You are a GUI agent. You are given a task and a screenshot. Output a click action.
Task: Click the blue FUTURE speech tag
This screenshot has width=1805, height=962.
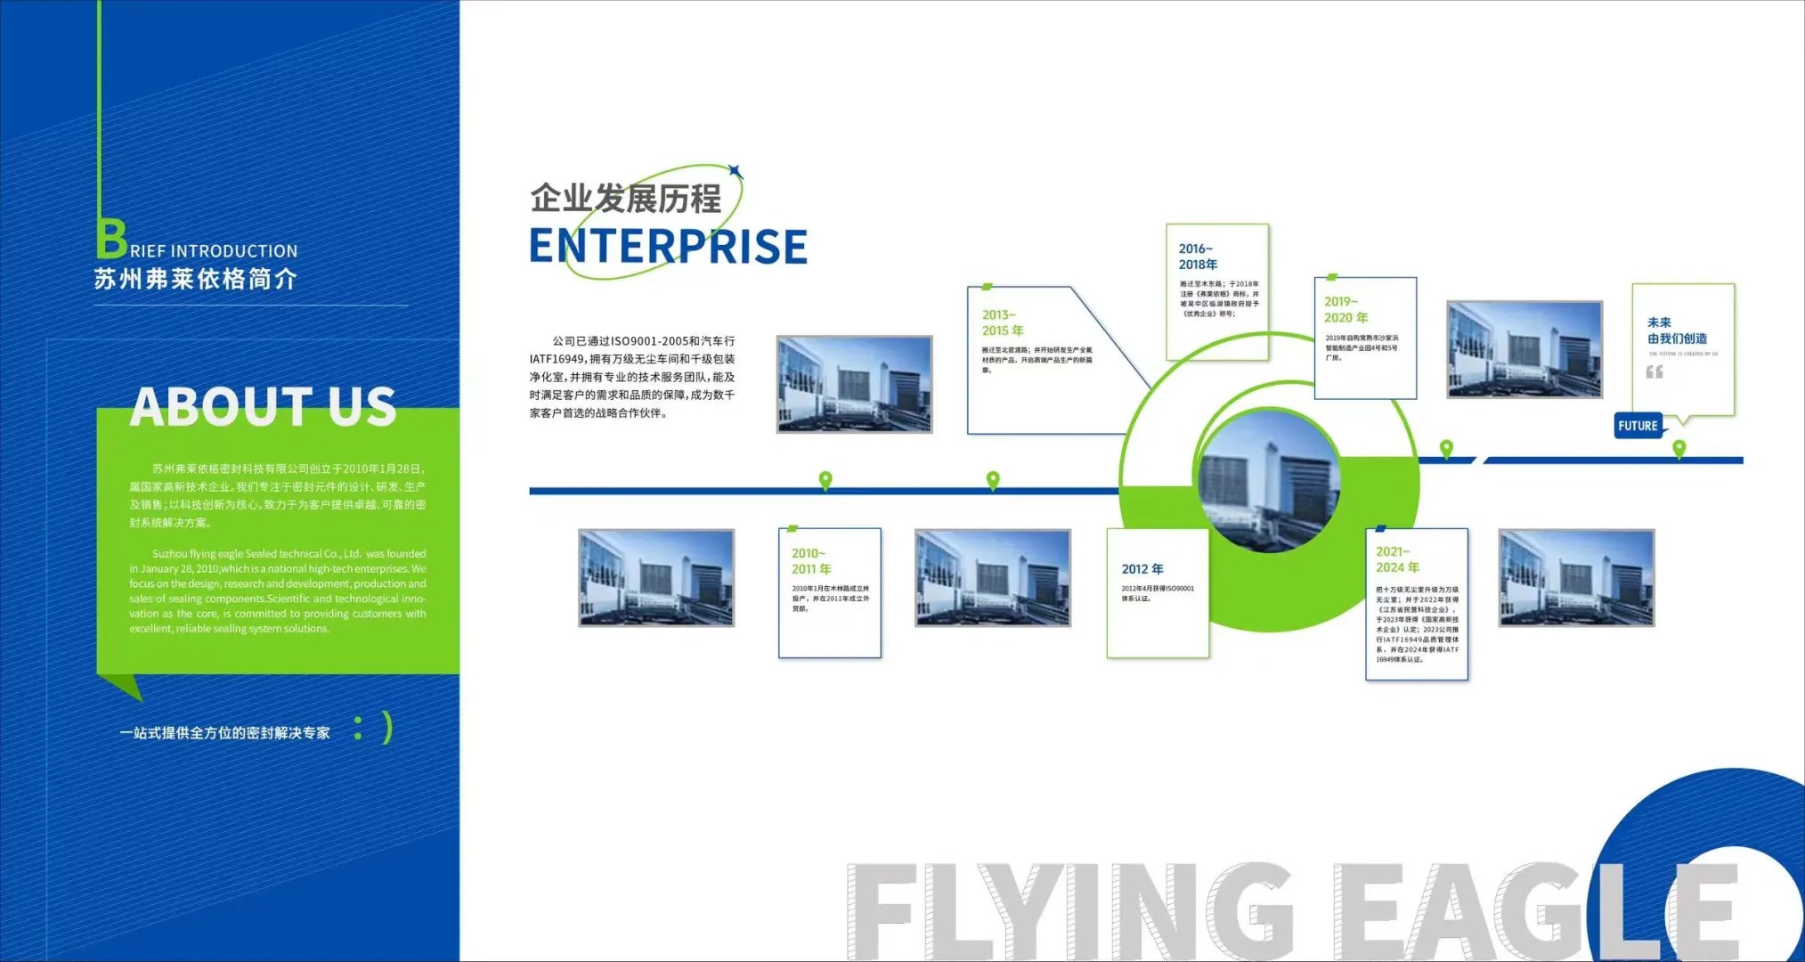coord(1638,426)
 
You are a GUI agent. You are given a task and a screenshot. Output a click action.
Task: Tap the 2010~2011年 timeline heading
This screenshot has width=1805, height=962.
coord(810,561)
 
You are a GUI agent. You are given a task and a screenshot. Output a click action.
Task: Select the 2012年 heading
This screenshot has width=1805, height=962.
coord(1142,569)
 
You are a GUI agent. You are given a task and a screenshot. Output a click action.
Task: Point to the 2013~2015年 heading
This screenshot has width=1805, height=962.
coord(1002,322)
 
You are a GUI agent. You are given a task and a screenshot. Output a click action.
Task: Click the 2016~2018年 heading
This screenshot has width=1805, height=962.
coord(1198,257)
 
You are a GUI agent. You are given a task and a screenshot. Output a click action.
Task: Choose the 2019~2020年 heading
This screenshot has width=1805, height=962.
coord(1345,310)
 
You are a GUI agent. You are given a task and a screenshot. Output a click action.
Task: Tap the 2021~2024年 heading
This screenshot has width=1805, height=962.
coord(1397,559)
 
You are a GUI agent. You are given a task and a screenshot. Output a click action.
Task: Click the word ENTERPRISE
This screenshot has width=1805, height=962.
coord(668,247)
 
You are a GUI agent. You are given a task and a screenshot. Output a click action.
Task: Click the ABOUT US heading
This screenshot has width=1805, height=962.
coord(263,407)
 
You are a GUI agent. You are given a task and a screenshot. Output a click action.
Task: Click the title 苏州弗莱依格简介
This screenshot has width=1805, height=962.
coord(196,280)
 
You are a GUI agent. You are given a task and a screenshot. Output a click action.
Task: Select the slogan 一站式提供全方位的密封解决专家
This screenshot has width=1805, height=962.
coord(224,733)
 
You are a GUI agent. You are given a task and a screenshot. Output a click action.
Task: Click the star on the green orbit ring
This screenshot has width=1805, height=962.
coord(735,171)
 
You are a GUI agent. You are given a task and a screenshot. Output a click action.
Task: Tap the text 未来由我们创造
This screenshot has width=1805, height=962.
coord(1677,330)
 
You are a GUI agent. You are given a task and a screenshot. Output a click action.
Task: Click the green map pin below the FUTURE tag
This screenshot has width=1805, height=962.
coord(1679,448)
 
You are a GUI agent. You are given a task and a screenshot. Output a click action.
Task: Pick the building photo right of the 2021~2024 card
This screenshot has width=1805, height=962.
coord(1575,578)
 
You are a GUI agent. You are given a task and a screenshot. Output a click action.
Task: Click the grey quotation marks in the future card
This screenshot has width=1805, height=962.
coord(1654,371)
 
